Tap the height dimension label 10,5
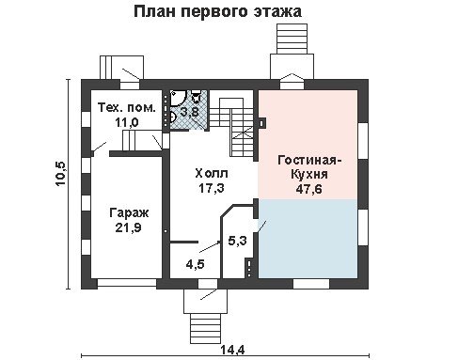click(x=60, y=174)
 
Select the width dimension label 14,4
click(x=232, y=350)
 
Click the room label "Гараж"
click(x=129, y=213)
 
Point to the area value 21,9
click(x=128, y=227)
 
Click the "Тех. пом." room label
click(x=127, y=107)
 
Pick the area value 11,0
click(x=127, y=122)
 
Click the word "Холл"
click(x=212, y=173)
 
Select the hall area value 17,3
click(x=212, y=188)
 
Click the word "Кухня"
click(x=309, y=174)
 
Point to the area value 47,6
click(x=309, y=189)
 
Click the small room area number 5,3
click(x=237, y=241)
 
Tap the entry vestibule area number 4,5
click(x=195, y=264)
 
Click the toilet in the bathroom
click(x=197, y=96)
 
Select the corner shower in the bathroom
click(x=178, y=98)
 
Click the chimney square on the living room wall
click(x=262, y=123)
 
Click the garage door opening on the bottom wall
click(x=127, y=283)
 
